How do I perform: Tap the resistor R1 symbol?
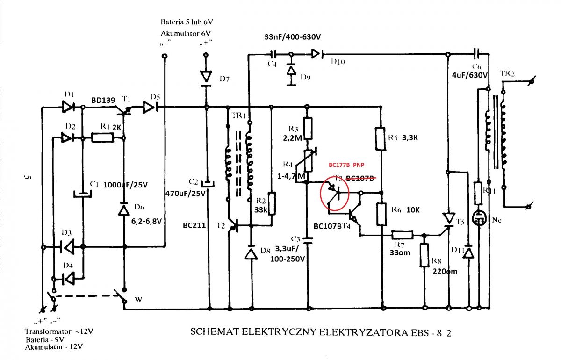[x=102, y=138]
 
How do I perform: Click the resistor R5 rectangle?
[x=381, y=138]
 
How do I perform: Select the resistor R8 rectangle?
[x=424, y=256]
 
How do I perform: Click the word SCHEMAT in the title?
[x=211, y=332]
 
